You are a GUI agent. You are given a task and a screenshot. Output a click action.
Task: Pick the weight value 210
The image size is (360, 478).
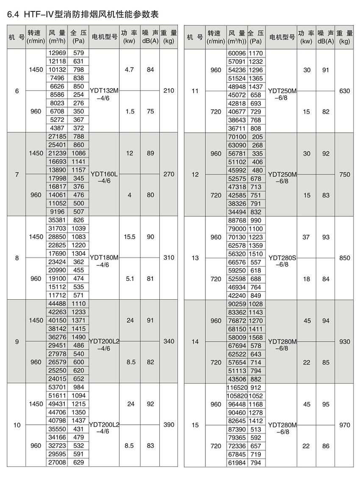(x=169, y=91)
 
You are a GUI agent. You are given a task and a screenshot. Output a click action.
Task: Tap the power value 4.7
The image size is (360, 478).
(x=130, y=69)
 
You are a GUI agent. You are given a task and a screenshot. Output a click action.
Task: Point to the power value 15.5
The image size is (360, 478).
(x=130, y=237)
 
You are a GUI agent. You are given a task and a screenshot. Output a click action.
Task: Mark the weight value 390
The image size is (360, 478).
(x=169, y=425)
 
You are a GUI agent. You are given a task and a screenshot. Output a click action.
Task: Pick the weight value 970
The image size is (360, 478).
(x=345, y=425)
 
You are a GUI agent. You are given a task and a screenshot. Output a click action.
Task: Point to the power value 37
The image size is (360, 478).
(x=306, y=237)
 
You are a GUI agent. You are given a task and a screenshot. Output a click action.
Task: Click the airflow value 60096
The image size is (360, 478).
(x=236, y=53)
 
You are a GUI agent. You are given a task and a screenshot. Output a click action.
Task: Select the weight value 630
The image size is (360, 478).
(x=345, y=91)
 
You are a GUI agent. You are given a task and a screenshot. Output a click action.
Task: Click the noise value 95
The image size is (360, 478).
(x=325, y=404)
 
